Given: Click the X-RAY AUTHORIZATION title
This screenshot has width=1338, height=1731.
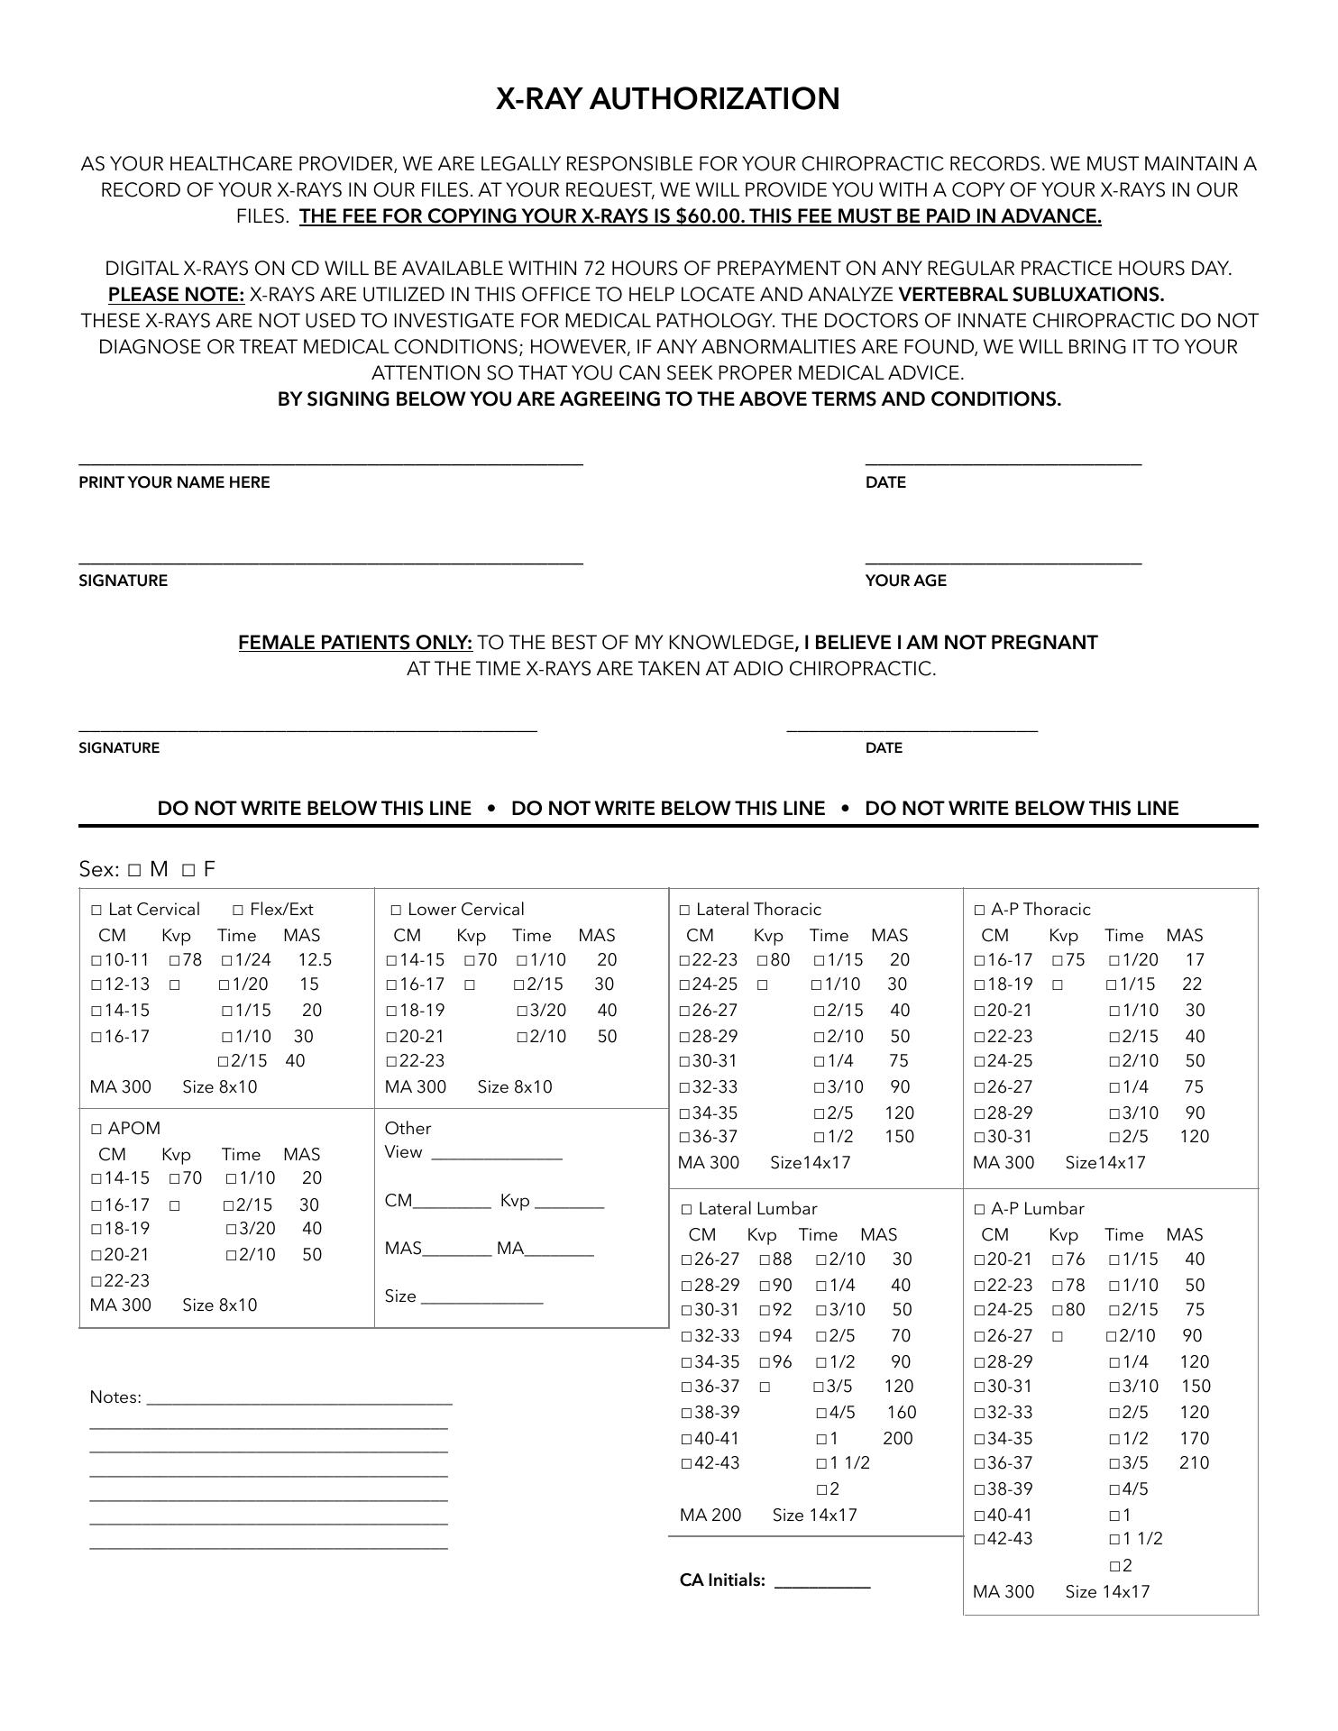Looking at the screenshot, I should [667, 98].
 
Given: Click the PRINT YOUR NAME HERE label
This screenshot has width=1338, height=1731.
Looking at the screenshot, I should [174, 482].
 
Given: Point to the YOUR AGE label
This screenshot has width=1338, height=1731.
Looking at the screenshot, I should [905, 581].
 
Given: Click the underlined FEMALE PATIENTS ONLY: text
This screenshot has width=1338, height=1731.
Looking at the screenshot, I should [355, 643].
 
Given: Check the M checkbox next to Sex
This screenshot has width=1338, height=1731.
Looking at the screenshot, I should [134, 870].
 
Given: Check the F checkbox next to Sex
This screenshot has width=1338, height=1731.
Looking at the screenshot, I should [188, 870].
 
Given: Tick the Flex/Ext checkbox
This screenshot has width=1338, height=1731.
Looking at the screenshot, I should [238, 911].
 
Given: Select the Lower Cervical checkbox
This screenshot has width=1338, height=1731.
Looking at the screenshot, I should [396, 911].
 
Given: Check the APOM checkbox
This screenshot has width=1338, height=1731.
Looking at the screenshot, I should [96, 1129].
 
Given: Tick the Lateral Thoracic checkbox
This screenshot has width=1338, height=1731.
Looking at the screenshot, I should [684, 911].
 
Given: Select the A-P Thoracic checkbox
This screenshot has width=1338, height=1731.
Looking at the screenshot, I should [979, 911].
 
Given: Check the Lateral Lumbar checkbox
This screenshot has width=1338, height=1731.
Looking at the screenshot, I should [686, 1210].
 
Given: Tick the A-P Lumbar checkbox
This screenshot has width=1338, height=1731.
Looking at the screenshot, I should [979, 1210].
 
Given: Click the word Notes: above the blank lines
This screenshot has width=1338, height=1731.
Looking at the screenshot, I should [115, 1397].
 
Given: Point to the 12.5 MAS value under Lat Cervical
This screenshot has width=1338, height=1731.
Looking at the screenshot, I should [315, 960].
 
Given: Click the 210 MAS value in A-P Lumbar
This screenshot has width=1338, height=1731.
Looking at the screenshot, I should [1194, 1463].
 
